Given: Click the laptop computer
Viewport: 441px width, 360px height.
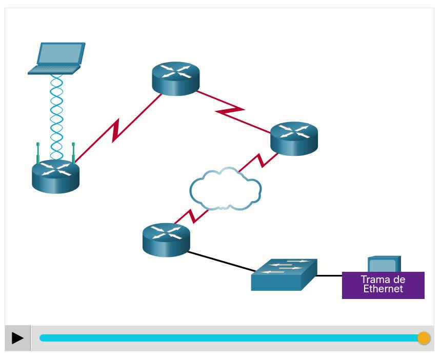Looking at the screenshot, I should (56, 58).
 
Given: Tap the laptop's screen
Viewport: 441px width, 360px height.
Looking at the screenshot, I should (61, 53).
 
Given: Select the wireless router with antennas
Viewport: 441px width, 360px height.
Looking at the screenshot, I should (55, 176).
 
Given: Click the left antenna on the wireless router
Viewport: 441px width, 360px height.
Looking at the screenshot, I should (38, 152).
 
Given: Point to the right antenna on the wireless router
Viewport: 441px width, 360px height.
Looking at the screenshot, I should (73, 152).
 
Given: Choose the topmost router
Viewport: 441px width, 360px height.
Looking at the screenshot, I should (175, 78).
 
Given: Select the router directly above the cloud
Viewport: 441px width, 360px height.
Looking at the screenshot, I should (294, 138).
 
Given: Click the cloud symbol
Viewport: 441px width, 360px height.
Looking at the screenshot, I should (225, 190).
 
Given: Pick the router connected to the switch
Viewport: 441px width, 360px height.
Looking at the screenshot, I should (166, 239).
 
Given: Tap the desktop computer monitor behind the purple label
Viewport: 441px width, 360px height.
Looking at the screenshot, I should (384, 264).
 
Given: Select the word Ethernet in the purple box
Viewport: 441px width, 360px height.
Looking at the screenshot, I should (383, 289).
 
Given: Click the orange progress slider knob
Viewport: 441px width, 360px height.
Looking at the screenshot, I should (424, 338).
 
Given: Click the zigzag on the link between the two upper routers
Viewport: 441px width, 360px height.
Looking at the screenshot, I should (229, 110).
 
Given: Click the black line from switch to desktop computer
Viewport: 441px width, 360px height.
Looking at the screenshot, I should (329, 275).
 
